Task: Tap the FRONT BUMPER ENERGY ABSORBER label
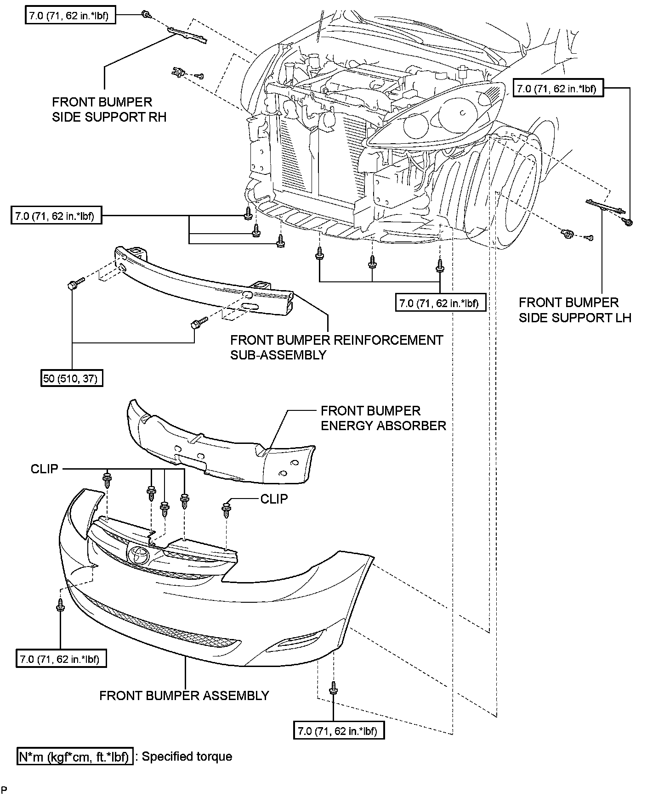pos(383,418)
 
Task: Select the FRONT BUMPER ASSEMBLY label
pos(184,695)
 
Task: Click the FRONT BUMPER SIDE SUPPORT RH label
pos(109,109)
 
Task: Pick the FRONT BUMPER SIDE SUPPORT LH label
pos(575,310)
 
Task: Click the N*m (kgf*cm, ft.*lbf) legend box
pos(74,757)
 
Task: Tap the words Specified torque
pos(187,757)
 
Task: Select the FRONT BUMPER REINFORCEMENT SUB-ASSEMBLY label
pos(336,347)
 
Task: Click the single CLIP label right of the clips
pos(274,499)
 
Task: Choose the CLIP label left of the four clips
pos(45,469)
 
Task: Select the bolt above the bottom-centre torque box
pos(333,689)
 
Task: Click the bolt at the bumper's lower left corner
pos(60,605)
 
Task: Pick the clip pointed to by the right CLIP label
pos(226,510)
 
